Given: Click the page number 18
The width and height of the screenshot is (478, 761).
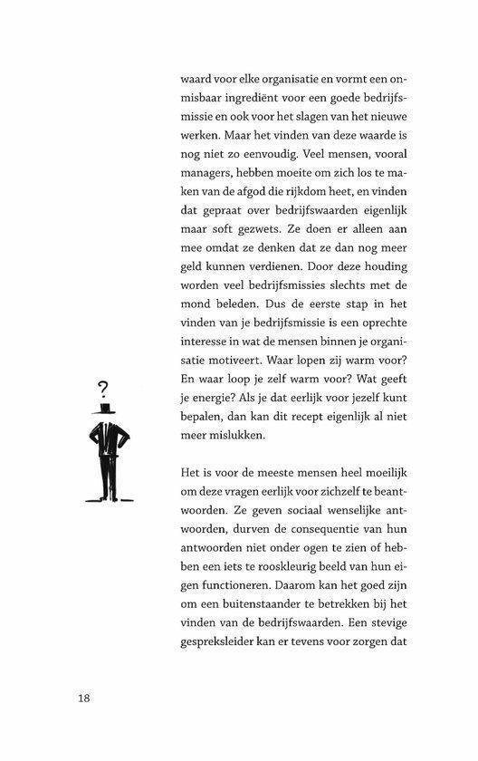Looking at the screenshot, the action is click(83, 698).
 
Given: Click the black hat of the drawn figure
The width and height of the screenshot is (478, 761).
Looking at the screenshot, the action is click(107, 412).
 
